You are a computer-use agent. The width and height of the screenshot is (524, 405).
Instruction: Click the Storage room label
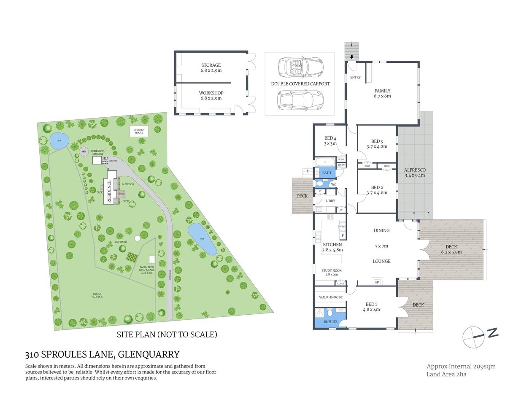click(211, 68)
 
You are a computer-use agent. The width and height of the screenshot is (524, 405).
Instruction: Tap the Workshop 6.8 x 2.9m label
click(211, 95)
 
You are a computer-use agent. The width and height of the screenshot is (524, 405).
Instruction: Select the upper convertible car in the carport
click(300, 67)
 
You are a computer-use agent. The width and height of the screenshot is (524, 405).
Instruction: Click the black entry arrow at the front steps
click(351, 57)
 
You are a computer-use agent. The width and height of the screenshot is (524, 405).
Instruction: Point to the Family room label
click(382, 93)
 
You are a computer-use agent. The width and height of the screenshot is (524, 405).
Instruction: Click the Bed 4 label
click(330, 140)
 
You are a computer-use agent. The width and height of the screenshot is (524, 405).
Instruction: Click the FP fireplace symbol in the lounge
click(377, 282)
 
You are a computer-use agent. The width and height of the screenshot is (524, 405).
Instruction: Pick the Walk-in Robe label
click(331, 297)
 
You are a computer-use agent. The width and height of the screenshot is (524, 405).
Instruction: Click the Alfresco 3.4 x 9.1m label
click(415, 173)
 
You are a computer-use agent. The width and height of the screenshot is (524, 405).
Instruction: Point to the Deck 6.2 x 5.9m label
click(451, 249)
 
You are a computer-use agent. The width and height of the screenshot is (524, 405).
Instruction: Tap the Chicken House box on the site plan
click(139, 131)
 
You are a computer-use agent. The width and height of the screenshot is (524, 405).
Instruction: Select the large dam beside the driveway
click(202, 239)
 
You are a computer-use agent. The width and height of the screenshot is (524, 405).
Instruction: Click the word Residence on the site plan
click(110, 192)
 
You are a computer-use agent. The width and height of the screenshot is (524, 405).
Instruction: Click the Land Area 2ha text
click(446, 374)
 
